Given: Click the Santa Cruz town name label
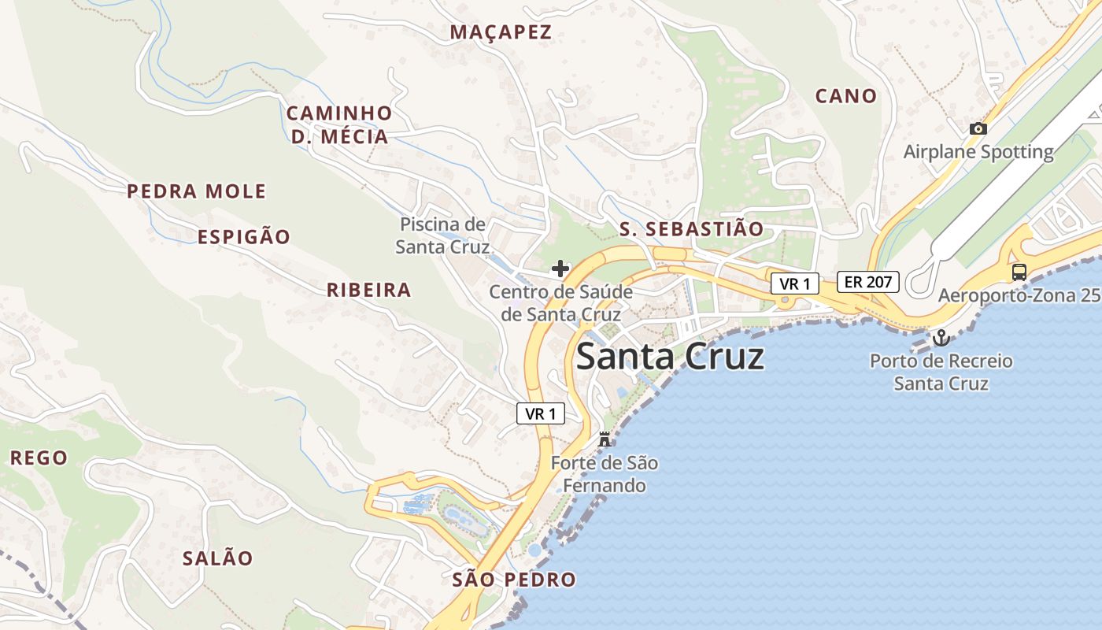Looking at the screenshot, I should click(670, 357).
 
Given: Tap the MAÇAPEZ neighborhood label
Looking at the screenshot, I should click(501, 32).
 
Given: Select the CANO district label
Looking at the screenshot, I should click(845, 96).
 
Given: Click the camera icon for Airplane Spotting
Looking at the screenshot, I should click(978, 128).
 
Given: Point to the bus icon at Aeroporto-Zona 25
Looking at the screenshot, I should click(1019, 272).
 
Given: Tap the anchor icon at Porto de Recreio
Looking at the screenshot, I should click(941, 338).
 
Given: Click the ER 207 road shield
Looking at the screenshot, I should click(867, 282).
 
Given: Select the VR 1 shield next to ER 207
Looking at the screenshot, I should click(794, 283).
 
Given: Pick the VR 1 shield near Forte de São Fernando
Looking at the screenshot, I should click(541, 413).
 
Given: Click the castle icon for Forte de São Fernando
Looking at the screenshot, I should click(605, 439).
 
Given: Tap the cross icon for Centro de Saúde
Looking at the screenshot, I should click(560, 269).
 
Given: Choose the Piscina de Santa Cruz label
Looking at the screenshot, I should click(442, 235).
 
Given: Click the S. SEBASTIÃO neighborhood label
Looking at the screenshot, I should click(691, 229).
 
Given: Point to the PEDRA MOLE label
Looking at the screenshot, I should click(196, 191).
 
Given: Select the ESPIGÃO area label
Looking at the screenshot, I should click(243, 237).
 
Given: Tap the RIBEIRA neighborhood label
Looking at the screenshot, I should click(369, 290).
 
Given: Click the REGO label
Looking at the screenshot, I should click(39, 458).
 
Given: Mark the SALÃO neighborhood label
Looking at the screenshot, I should click(218, 558).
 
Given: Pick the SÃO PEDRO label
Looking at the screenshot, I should click(514, 580).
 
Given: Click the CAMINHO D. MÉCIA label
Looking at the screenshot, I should click(338, 124).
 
